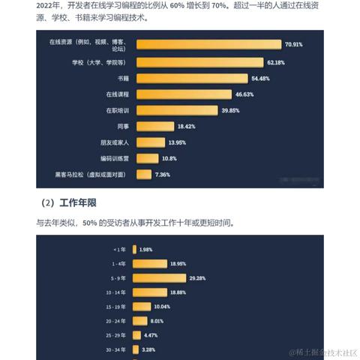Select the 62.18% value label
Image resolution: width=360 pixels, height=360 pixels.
coord(275,61)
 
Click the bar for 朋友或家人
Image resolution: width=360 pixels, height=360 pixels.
coord(150,142)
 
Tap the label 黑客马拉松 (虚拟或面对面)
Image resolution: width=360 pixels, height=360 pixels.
coord(89,175)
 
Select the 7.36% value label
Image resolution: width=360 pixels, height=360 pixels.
coord(163,175)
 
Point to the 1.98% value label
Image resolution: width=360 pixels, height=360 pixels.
coord(146,249)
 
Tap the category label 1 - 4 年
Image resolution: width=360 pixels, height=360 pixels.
coord(118,263)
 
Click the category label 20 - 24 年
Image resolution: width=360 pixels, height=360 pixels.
coord(115,320)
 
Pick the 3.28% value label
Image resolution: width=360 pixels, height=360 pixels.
coord(148,349)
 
